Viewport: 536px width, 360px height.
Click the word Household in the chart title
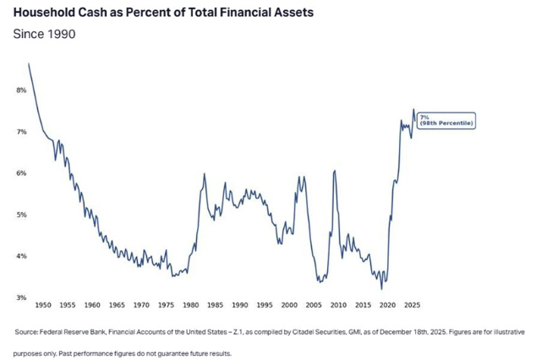click(46, 14)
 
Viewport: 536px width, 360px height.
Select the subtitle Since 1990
click(45, 35)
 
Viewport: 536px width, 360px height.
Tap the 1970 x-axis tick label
click(141, 303)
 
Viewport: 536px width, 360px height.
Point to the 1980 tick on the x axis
click(191, 303)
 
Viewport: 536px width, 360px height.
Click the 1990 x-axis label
click(240, 303)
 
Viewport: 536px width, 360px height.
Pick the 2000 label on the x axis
click(289, 303)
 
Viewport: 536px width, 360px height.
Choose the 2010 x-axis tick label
click(338, 303)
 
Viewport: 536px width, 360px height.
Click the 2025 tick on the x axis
click(412, 303)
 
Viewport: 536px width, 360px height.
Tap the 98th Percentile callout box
click(446, 121)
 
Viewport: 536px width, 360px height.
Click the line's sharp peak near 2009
click(335, 171)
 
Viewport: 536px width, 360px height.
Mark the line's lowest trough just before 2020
click(382, 289)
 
